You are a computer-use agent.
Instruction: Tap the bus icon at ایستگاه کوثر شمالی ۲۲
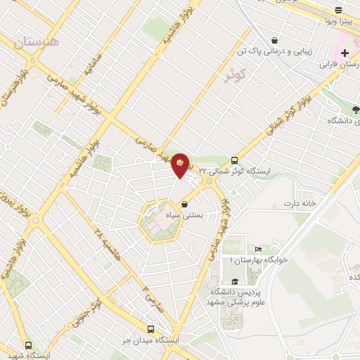[235, 159]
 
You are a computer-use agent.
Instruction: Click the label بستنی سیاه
[184, 216]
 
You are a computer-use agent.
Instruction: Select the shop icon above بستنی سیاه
[184, 205]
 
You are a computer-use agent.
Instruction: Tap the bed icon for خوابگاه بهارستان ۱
[258, 249]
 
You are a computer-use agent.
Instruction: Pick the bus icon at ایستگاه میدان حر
[150, 328]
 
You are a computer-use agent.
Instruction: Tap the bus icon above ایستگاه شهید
[29, 345]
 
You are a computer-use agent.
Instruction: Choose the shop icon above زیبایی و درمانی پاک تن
[282, 39]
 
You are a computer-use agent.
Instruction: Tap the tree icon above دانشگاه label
[355, 109]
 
